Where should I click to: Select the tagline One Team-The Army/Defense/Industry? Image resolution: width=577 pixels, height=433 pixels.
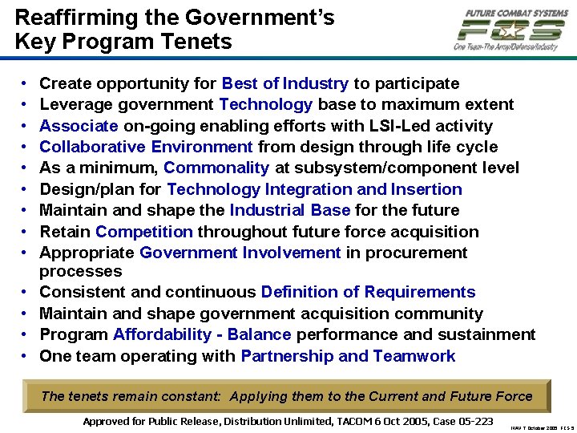506,47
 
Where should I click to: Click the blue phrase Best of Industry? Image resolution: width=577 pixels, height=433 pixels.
284,83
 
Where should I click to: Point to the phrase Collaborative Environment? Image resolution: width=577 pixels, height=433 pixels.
146,147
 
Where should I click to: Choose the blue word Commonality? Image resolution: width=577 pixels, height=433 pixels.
216,168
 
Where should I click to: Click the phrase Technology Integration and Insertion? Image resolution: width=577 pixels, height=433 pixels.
314,189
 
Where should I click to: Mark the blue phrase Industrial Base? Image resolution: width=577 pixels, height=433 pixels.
289,210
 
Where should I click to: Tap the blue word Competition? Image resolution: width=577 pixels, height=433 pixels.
144,232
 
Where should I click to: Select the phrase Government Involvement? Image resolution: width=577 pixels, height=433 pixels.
240,253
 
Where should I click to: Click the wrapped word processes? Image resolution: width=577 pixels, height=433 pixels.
80,271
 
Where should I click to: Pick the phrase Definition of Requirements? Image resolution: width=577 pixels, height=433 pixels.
368,292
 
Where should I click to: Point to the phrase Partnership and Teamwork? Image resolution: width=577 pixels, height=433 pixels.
348,356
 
